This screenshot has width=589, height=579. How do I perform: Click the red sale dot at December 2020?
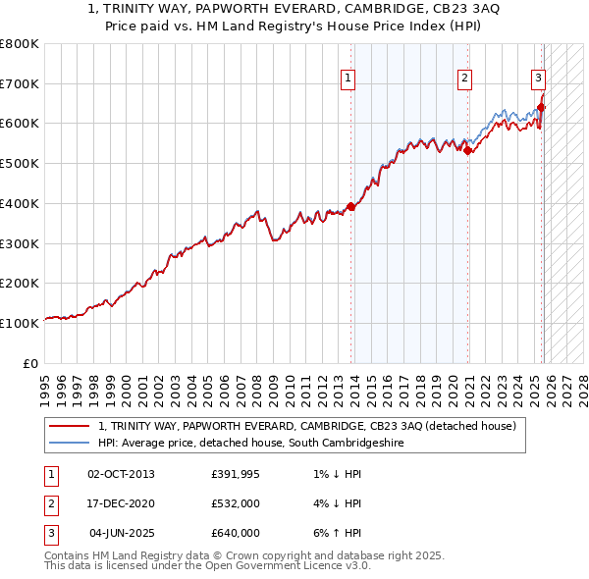click(468, 150)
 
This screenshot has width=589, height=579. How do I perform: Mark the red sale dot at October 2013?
click(351, 206)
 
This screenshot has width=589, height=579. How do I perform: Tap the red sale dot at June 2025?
click(541, 107)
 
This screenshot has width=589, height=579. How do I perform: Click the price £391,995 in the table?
click(235, 474)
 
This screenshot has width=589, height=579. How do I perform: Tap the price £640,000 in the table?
click(235, 533)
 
